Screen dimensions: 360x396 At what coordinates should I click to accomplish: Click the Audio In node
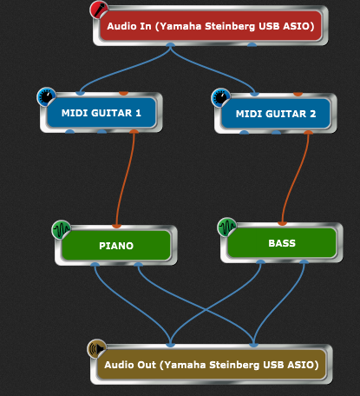[211, 26]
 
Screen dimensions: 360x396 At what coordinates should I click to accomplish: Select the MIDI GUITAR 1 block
[101, 113]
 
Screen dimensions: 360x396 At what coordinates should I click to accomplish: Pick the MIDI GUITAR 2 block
[276, 114]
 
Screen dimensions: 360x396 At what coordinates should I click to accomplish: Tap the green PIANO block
[116, 246]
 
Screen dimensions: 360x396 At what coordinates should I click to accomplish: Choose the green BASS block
[282, 243]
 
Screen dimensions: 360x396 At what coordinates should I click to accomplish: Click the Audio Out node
[212, 365]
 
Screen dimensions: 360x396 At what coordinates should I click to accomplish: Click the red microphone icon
[99, 10]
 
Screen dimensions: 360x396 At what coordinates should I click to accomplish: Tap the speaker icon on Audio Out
[97, 348]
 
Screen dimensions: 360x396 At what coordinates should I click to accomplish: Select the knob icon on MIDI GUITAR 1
[47, 96]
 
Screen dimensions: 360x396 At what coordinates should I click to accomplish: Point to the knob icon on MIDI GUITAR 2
[221, 97]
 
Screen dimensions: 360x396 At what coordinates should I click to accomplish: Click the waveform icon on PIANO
[62, 229]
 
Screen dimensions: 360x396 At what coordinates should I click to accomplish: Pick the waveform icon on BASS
[227, 227]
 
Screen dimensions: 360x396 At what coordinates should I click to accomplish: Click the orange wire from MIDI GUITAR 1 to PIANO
[126, 180]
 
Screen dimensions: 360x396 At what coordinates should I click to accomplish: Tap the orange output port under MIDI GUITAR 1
[134, 132]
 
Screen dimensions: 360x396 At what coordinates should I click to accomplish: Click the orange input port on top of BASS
[282, 223]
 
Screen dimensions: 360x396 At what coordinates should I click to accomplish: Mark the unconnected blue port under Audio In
[252, 44]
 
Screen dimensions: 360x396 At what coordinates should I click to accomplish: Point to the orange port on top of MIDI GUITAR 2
[298, 94]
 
